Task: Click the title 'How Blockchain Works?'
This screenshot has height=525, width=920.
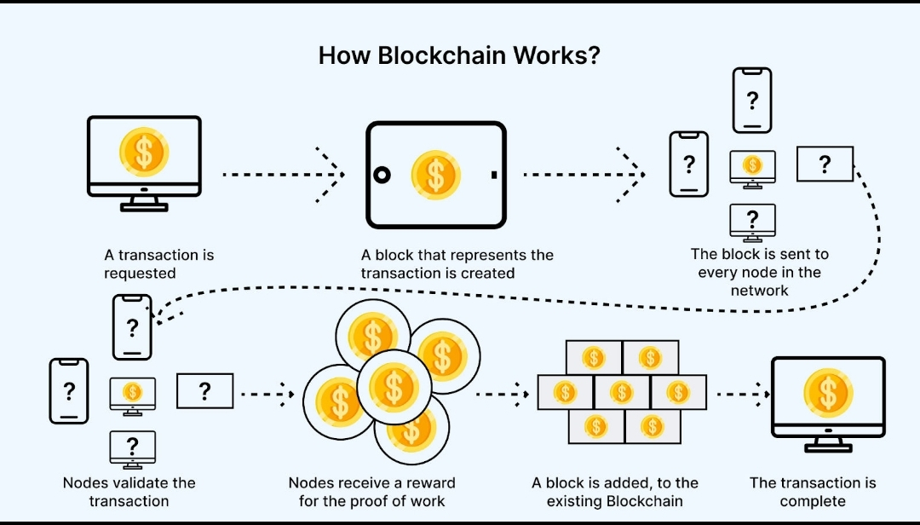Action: (459, 55)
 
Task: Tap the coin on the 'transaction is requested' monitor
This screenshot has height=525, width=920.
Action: (144, 152)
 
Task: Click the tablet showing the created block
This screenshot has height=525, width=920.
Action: (436, 175)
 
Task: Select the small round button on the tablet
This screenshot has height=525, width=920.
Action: (382, 175)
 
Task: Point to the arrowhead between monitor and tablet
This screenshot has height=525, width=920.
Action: (332, 174)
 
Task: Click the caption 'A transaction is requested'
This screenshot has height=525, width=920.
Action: (159, 264)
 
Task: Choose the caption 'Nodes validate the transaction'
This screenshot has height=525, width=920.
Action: (129, 492)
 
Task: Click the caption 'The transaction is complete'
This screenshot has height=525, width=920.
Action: (812, 492)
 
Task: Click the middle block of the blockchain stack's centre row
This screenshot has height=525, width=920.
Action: (622, 392)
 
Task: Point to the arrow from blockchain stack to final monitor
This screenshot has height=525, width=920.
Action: (743, 395)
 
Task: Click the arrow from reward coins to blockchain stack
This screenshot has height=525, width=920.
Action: (502, 395)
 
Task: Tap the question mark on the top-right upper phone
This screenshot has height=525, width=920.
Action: (752, 101)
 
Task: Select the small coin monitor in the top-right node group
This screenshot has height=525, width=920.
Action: (753, 167)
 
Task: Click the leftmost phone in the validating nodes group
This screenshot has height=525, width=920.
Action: (69, 391)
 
